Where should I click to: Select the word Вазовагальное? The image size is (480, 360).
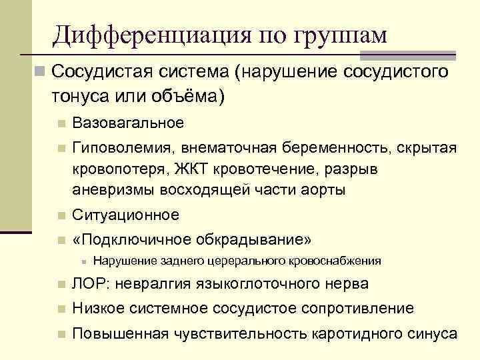pyautogui.click(x=127, y=123)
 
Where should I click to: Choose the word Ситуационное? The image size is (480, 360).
pyautogui.click(x=125, y=215)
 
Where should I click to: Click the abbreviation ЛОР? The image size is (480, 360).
pyautogui.click(x=89, y=284)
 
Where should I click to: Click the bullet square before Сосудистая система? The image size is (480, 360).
pyautogui.click(x=40, y=71)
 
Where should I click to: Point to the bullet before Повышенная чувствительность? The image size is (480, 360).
pyautogui.click(x=61, y=334)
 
